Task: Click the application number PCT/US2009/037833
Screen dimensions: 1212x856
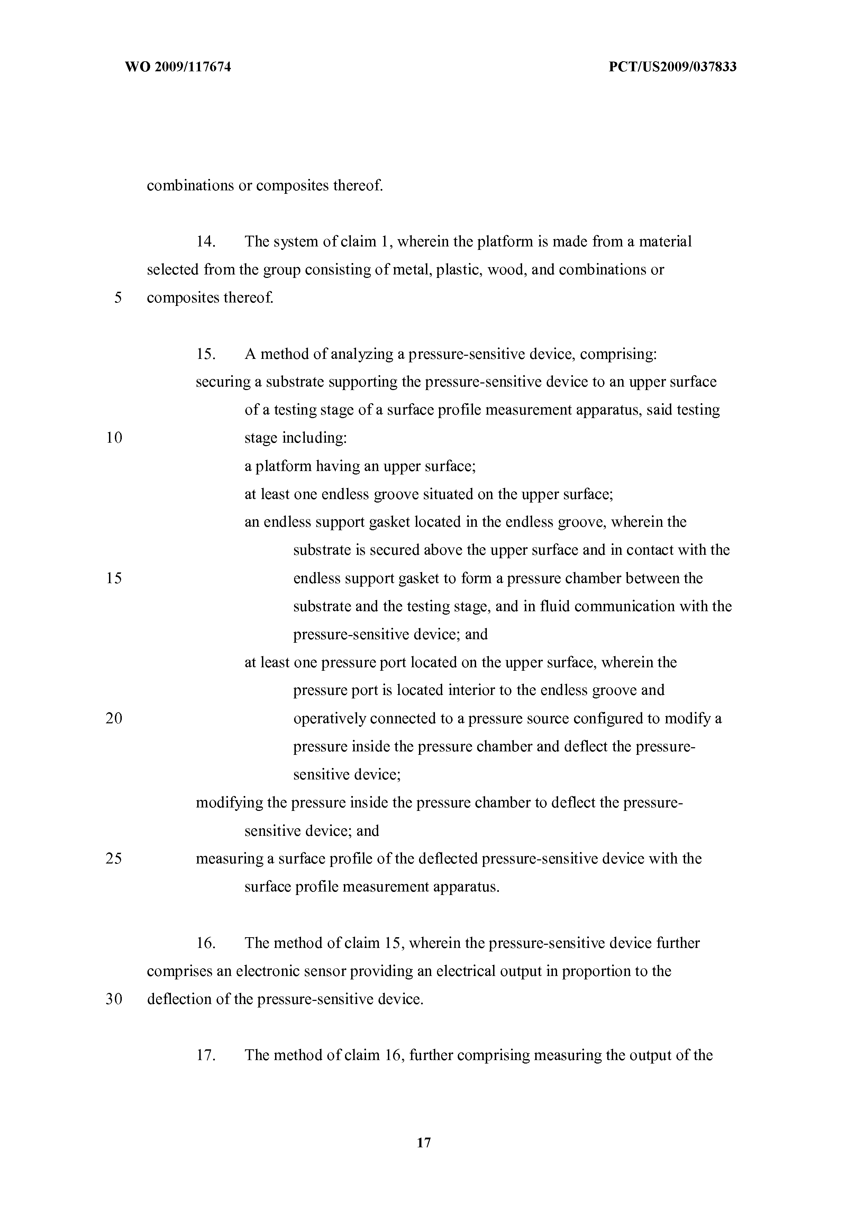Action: [x=672, y=67]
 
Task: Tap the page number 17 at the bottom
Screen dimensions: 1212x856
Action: [x=424, y=1143]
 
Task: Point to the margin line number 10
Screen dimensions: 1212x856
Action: [x=114, y=437]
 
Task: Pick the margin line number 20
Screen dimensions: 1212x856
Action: [x=114, y=718]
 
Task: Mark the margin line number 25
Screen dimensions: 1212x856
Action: [x=114, y=858]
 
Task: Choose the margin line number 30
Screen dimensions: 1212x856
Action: [x=114, y=999]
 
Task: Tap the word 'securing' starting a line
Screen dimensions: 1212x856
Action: [x=223, y=382]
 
